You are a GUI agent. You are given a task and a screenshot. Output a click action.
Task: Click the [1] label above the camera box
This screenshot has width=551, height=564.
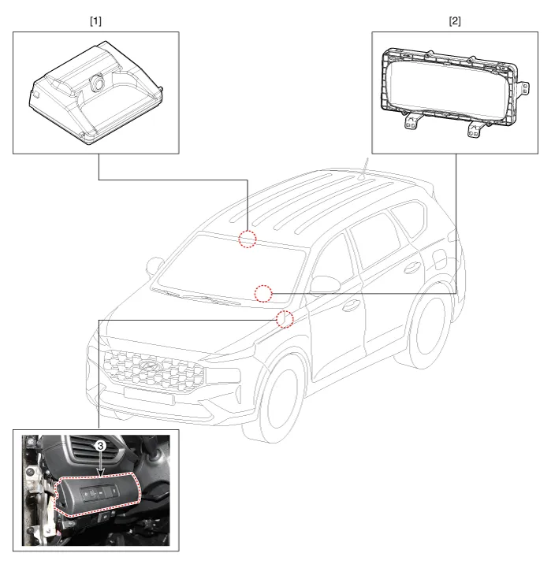pos(95,21)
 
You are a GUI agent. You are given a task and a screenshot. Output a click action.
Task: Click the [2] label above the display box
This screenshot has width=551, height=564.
pos(455,21)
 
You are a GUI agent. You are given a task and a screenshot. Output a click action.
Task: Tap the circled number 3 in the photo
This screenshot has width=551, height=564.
pos(100,446)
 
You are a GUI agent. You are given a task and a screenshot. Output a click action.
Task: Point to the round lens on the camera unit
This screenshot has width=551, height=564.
pos(98,82)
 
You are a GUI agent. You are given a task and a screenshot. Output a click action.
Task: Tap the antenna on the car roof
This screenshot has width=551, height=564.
pos(363,169)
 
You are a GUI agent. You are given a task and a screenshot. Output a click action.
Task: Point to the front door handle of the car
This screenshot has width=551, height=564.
pos(351,306)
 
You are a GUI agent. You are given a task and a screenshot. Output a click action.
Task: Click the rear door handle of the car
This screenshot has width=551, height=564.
pos(412,268)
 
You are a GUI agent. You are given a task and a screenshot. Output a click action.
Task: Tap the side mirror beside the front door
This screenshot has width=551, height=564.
pos(325,284)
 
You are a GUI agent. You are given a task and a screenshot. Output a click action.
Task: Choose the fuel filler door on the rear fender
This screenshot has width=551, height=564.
pos(440,259)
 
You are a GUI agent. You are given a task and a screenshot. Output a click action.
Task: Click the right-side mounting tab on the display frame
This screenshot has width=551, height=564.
pos(523,87)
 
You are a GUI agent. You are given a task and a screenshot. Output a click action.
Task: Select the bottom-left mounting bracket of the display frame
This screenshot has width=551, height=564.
pos(411,121)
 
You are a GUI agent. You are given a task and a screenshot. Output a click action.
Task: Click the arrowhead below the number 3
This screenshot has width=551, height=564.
pos(101,473)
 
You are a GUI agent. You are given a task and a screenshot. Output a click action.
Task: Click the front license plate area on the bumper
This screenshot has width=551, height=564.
pos(149,395)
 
